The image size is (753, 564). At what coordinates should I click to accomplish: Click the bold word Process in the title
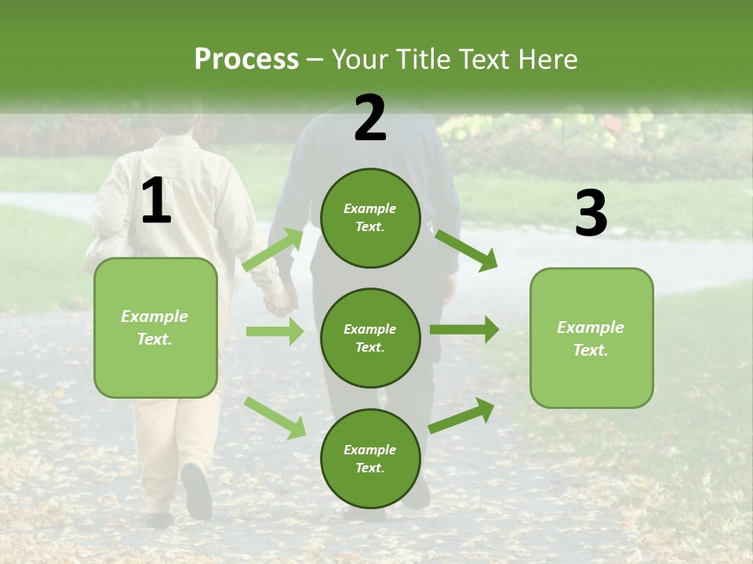click(x=246, y=60)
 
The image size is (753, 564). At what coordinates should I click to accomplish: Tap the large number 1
click(x=156, y=201)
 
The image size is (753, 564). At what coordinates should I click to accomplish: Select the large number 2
click(x=370, y=118)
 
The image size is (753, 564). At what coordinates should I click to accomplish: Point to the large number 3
click(x=591, y=214)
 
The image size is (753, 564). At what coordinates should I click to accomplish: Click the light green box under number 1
click(x=155, y=327)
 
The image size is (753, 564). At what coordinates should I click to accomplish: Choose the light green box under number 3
click(x=591, y=338)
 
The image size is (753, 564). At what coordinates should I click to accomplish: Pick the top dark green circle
click(x=370, y=218)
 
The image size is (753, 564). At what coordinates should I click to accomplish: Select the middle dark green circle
click(x=370, y=338)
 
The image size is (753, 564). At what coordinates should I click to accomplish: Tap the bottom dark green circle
click(x=370, y=458)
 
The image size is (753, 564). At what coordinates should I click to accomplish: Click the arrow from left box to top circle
click(x=273, y=250)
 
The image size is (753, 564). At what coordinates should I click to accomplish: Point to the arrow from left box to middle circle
click(x=275, y=331)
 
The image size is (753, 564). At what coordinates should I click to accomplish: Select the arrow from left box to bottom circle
click(x=275, y=418)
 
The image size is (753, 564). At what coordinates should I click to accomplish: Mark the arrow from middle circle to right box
click(x=464, y=329)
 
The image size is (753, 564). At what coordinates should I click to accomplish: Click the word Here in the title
click(x=549, y=60)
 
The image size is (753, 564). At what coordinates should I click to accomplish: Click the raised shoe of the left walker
click(x=196, y=490)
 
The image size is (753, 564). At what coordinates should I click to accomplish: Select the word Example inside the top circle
click(x=369, y=208)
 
